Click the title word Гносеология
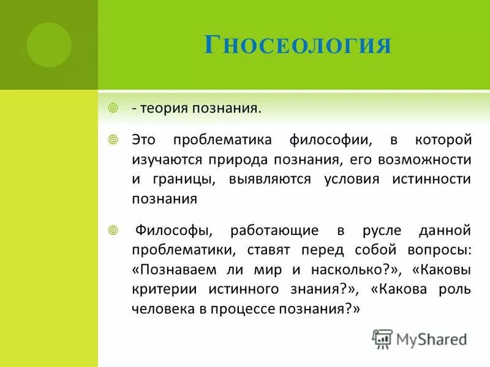pos(297,45)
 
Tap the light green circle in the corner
pos(49,45)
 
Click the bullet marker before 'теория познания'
pos(113,108)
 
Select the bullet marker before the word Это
pos(113,140)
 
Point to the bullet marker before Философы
pos(113,230)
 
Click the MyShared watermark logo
pos(421,338)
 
